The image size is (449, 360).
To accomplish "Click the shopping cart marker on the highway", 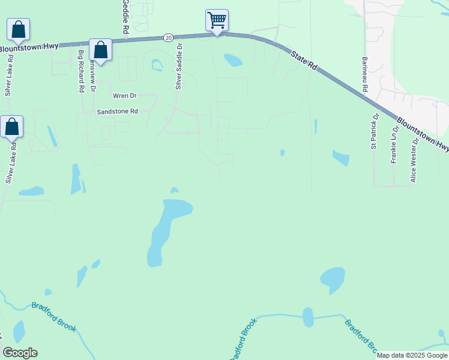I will tap(217, 20).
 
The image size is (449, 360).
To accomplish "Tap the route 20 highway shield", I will tap(168, 38).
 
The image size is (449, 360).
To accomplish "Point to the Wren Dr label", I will tap(125, 95).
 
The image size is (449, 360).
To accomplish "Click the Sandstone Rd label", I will tap(118, 112).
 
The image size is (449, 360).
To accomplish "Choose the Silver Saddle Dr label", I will tap(178, 67).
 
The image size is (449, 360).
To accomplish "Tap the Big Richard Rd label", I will tap(81, 71).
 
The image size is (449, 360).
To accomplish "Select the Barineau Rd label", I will tap(364, 75).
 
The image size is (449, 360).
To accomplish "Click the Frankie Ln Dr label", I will tap(394, 145).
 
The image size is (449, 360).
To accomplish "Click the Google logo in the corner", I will tap(20, 353).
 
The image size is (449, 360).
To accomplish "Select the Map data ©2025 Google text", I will tap(412, 355).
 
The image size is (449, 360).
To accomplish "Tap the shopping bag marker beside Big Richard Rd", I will tap(100, 50).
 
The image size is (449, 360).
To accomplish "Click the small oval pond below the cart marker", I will tap(232, 60).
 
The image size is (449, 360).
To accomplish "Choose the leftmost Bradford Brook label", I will tap(54, 316).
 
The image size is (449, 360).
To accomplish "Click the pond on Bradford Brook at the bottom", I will tap(308, 317).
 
